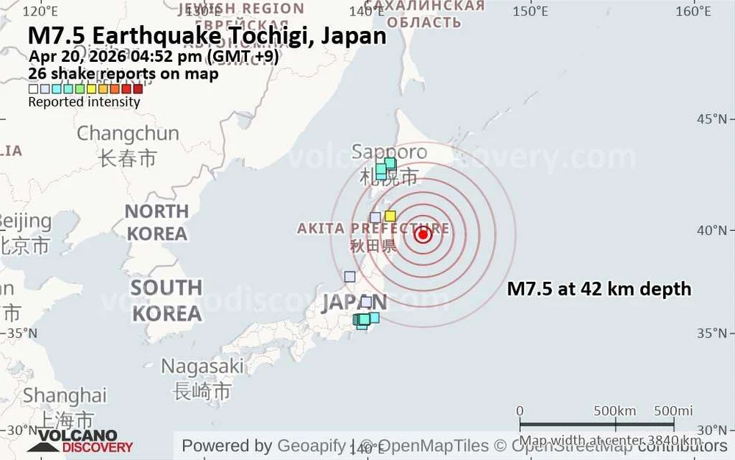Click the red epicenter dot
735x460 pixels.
pyautogui.click(x=423, y=235)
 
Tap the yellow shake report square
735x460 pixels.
pyautogui.click(x=390, y=216)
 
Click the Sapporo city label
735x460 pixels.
pyautogui.click(x=389, y=152)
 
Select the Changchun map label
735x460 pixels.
pyautogui.click(x=128, y=134)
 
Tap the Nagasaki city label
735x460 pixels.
pyautogui.click(x=202, y=366)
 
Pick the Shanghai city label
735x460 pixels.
pyautogui.click(x=65, y=395)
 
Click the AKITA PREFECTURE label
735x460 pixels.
pyautogui.click(x=373, y=228)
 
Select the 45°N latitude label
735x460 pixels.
pyautogui.click(x=711, y=119)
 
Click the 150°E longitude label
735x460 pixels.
pyautogui.click(x=531, y=11)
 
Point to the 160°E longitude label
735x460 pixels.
pyautogui.click(x=692, y=11)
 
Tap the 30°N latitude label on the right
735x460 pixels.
pyautogui.click(x=711, y=431)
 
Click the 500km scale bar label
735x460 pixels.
pyautogui.click(x=615, y=411)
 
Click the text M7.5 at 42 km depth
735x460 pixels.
pyautogui.click(x=599, y=289)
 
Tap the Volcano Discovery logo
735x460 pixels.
pyautogui.click(x=80, y=440)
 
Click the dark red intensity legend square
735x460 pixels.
pyautogui.click(x=137, y=89)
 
